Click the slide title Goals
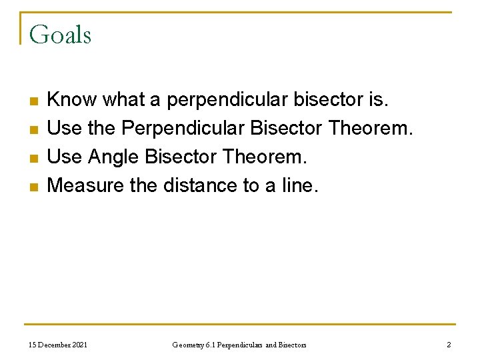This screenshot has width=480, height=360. (60, 35)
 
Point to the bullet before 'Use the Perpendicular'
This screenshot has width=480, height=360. (33, 130)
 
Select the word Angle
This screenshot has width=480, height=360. (114, 157)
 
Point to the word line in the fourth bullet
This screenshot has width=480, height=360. (300, 185)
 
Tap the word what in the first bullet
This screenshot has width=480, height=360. (124, 100)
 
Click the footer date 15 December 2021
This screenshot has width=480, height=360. (58, 345)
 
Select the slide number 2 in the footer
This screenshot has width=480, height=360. (449, 345)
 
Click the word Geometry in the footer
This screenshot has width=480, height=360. (187, 345)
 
